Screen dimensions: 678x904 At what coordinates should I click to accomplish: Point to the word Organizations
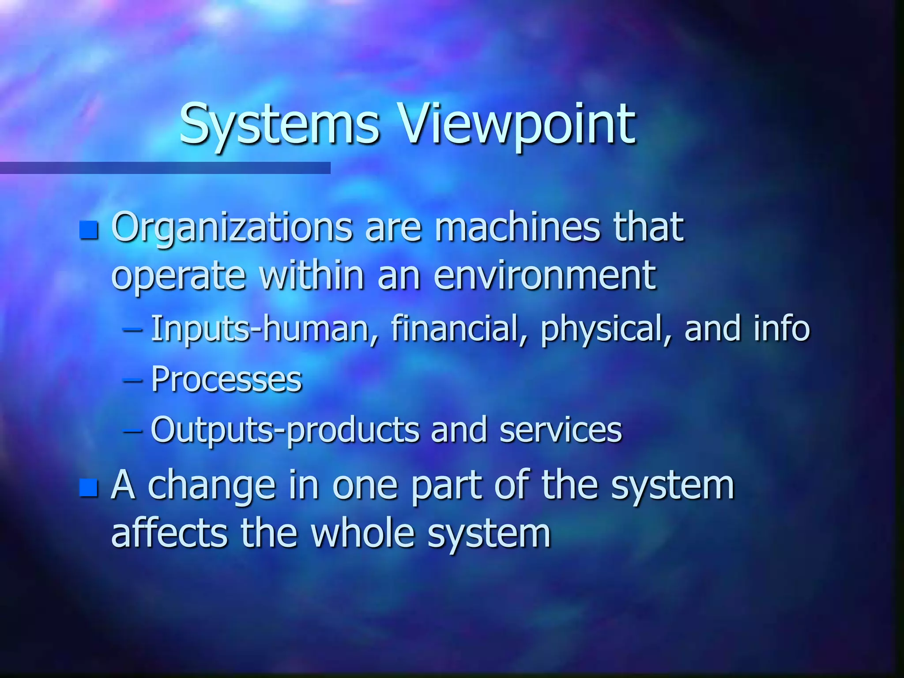tap(232, 228)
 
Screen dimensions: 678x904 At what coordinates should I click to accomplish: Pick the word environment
tap(545, 276)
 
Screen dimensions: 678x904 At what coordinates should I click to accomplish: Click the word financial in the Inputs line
tap(459, 329)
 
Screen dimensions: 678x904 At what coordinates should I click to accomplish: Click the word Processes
tap(226, 379)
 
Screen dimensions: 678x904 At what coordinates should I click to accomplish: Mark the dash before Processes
tap(132, 380)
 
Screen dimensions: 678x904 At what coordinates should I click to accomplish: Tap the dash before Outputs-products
tap(132, 430)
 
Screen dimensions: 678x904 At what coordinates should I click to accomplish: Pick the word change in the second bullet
tap(211, 486)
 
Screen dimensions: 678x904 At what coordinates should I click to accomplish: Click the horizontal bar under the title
tap(165, 168)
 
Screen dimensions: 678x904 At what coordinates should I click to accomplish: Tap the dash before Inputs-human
tap(132, 329)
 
